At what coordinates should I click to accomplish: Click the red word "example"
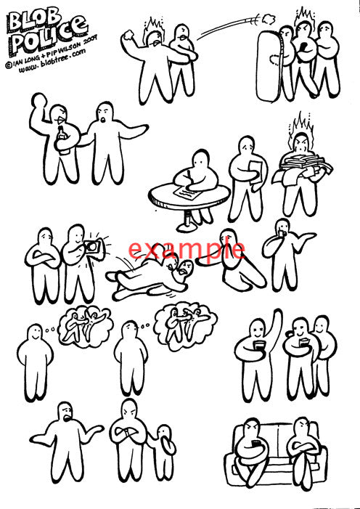tap(187, 249)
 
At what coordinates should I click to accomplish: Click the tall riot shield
tap(268, 66)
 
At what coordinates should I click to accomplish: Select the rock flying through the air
tap(268, 20)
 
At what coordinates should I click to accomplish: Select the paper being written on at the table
tap(188, 194)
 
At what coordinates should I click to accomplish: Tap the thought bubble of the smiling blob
tap(86, 325)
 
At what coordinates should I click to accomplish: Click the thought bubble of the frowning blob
tap(185, 322)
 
